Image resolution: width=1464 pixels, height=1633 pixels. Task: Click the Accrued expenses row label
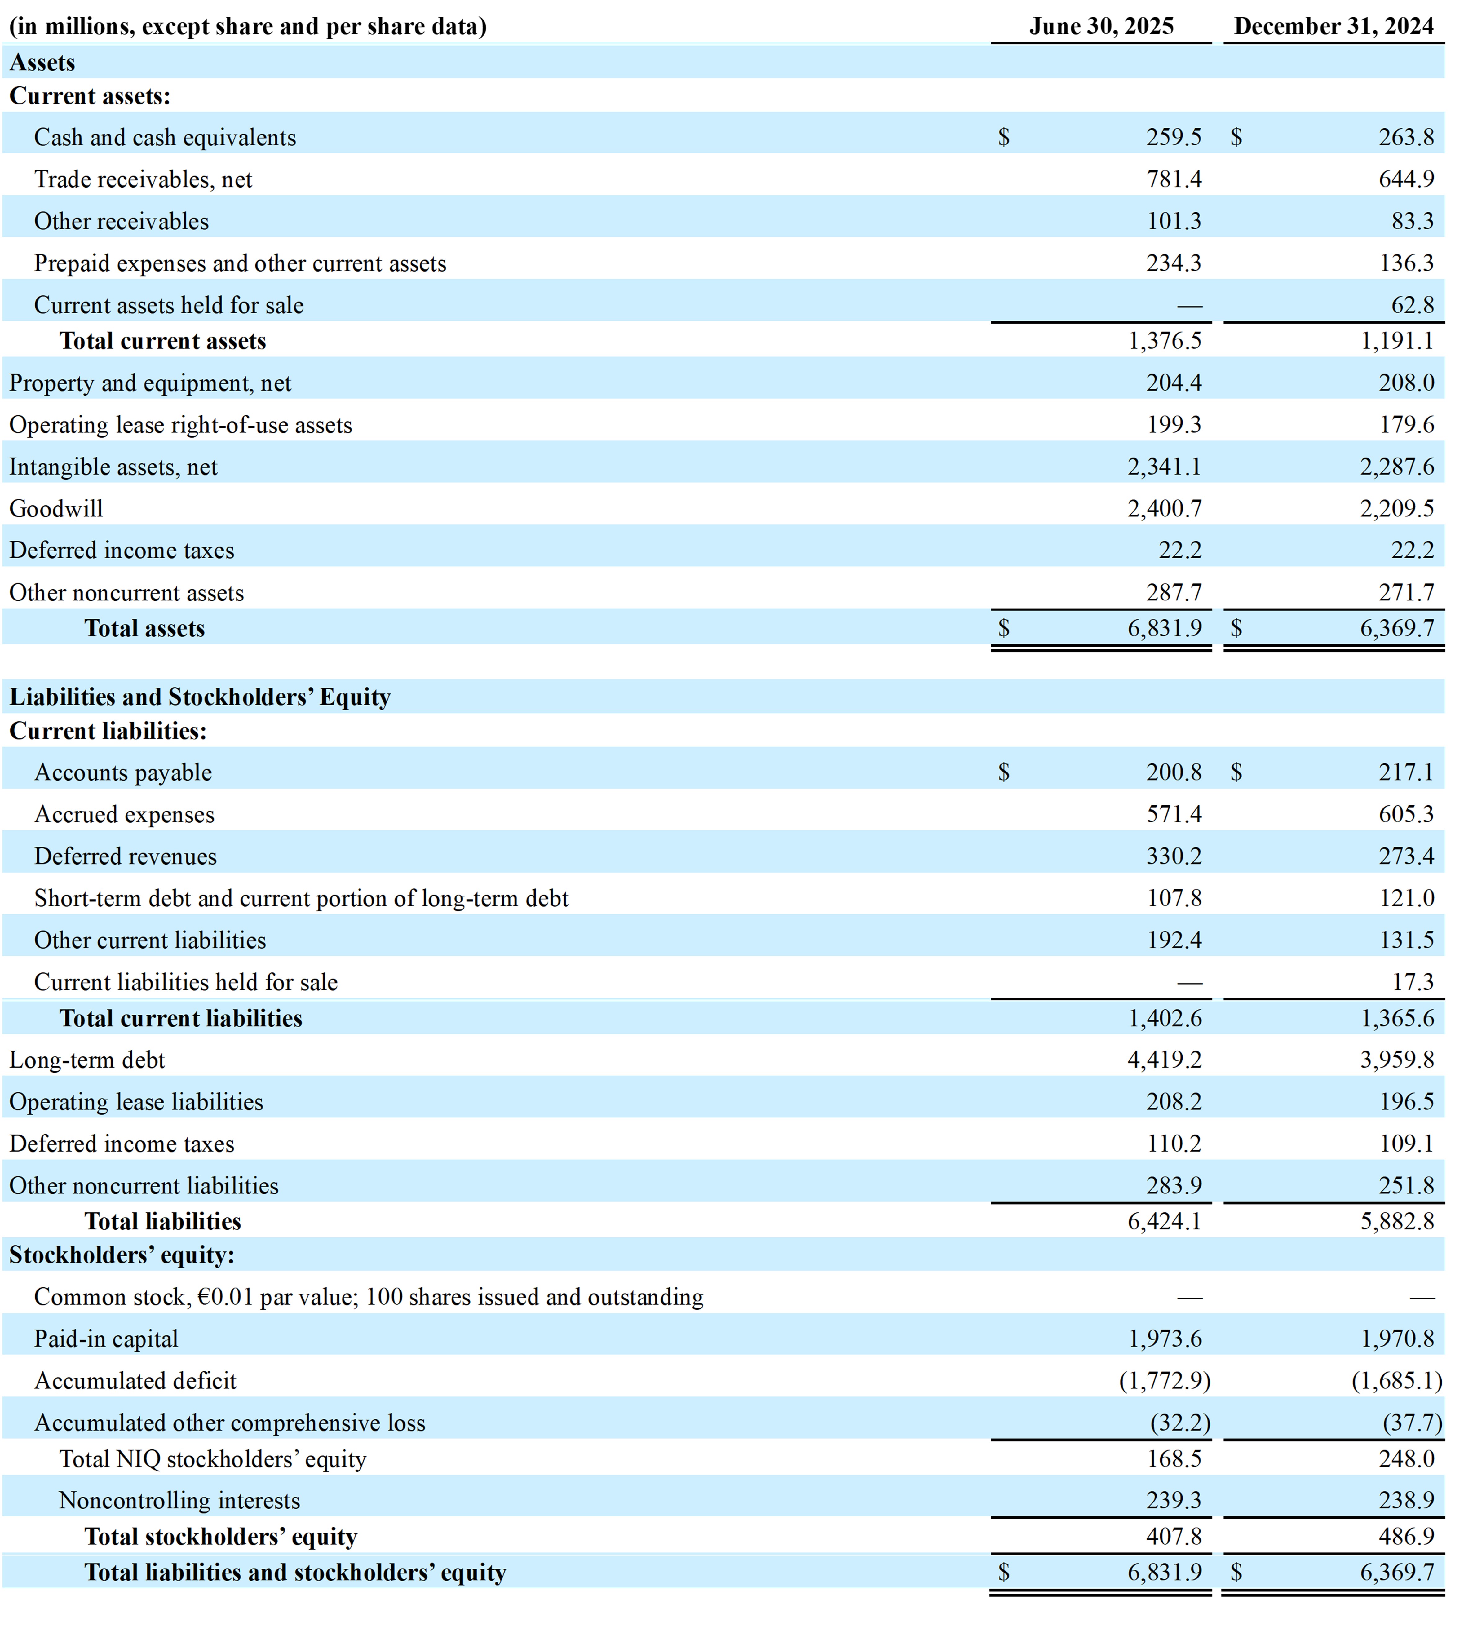click(x=125, y=815)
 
